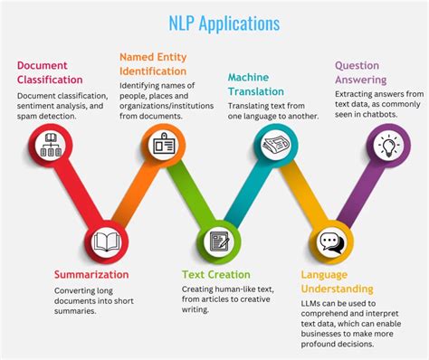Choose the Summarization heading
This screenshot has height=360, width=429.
coord(91,274)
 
